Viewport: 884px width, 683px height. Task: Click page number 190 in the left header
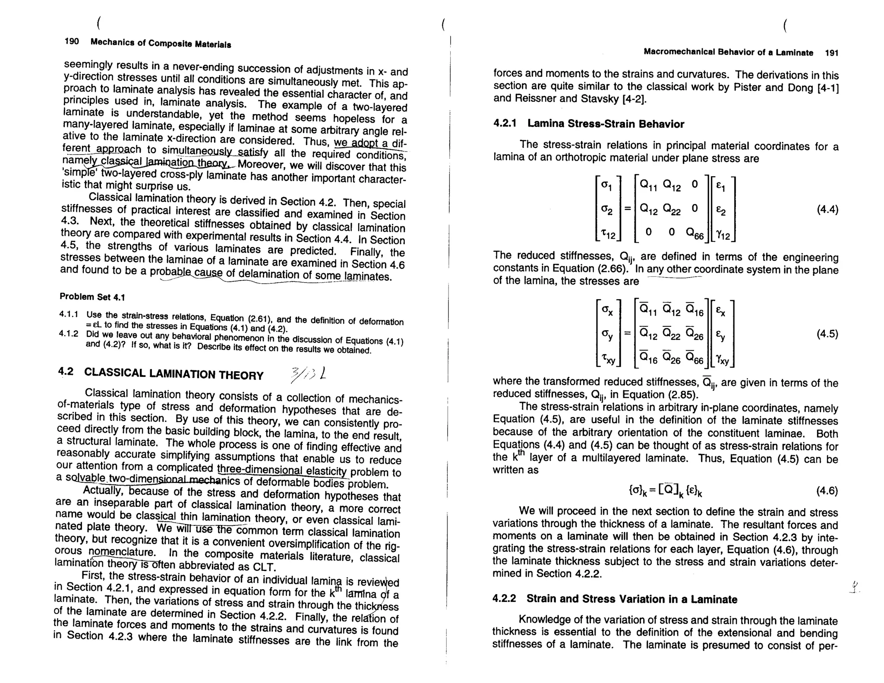(72, 41)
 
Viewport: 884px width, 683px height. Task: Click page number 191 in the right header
(831, 53)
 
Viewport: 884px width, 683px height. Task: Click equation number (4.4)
(827, 210)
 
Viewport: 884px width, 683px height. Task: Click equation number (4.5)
(827, 334)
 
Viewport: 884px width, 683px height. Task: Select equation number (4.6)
(827, 491)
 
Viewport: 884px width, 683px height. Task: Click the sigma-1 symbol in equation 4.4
(606, 186)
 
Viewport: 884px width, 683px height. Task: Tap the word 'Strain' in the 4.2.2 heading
(545, 599)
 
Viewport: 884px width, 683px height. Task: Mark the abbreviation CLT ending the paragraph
(264, 566)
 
